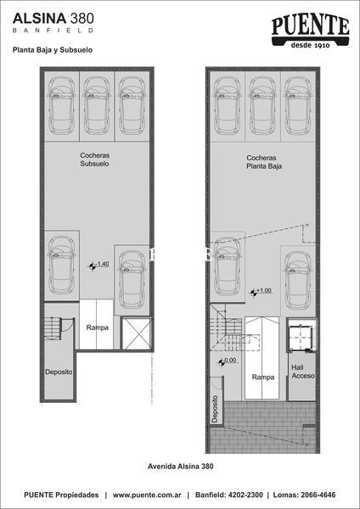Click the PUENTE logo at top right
[310, 32]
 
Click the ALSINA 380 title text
[53, 18]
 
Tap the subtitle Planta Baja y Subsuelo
[53, 50]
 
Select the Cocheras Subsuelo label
[94, 159]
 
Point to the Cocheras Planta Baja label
[264, 162]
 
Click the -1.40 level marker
[98, 266]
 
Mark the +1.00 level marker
[261, 292]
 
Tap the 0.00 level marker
[227, 361]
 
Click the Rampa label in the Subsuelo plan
[97, 327]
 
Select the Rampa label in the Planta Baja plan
[263, 378]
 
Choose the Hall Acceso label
[303, 372]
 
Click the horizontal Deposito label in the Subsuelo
[59, 372]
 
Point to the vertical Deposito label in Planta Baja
[215, 409]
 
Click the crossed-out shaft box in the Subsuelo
[136, 334]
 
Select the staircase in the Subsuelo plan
[53, 328]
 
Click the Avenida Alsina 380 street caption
[181, 467]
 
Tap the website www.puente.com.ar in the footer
[147, 495]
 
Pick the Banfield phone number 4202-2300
[245, 495]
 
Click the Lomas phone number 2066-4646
[318, 495]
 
